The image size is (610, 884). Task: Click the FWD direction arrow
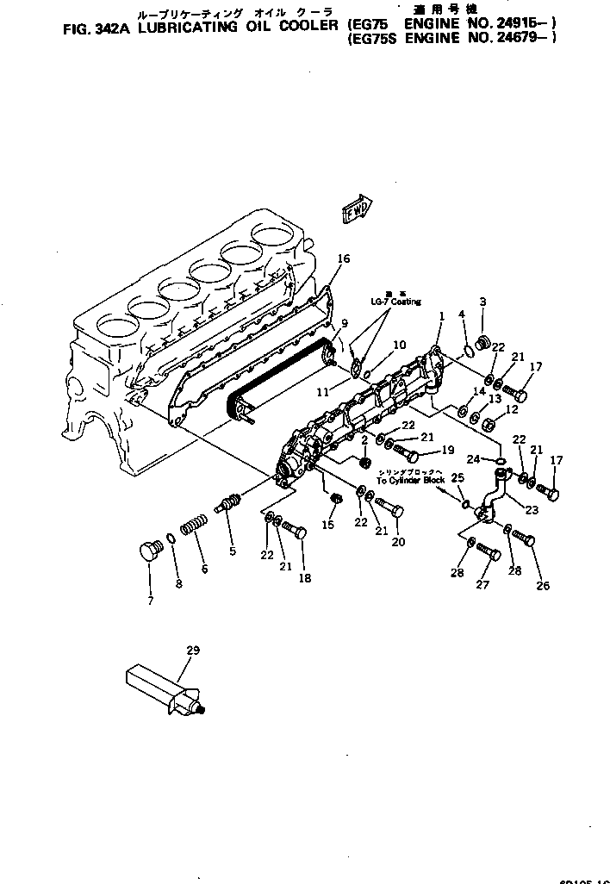click(356, 210)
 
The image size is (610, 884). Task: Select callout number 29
click(193, 651)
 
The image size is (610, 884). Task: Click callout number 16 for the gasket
click(344, 258)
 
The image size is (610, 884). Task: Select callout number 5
click(232, 552)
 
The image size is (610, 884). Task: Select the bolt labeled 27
click(487, 552)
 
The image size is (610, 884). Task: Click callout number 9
click(344, 324)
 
